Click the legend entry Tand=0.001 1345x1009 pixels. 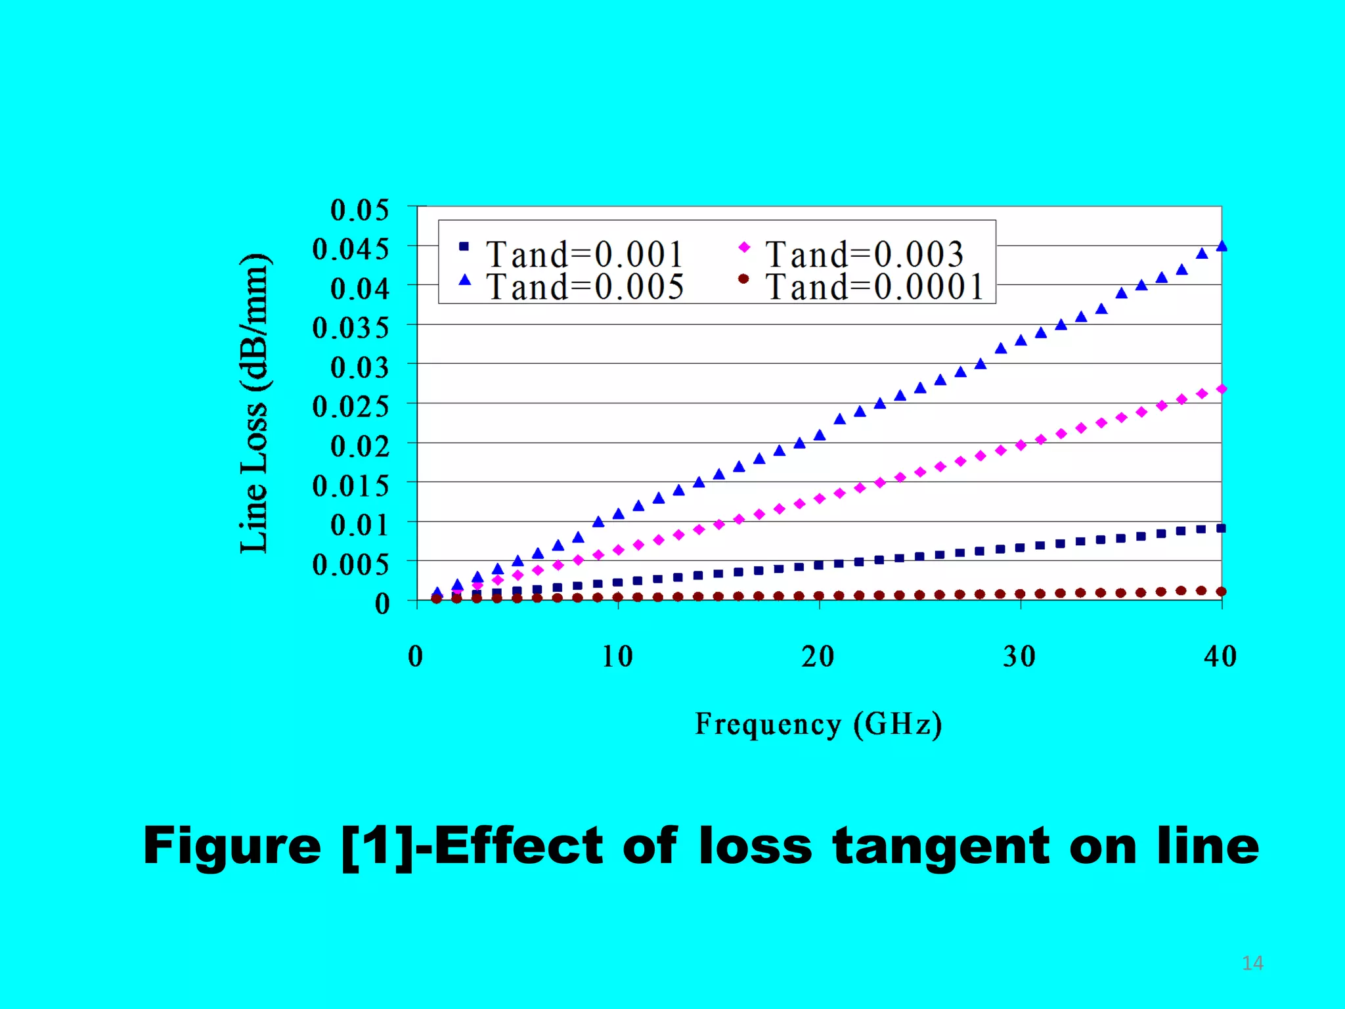(x=584, y=254)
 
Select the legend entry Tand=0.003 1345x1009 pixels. (x=864, y=254)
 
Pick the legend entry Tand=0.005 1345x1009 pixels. (x=584, y=287)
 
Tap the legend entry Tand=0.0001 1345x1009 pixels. (x=874, y=287)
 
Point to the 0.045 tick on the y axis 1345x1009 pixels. (x=351, y=249)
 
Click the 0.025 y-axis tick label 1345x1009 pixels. (x=351, y=407)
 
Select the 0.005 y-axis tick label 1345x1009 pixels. (x=351, y=564)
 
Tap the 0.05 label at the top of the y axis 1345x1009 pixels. (x=359, y=210)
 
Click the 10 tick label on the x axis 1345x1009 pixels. (x=617, y=656)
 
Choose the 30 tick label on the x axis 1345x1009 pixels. (x=1019, y=656)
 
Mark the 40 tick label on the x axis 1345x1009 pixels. (x=1220, y=656)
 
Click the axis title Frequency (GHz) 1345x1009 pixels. (x=818, y=724)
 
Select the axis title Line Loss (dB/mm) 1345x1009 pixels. (x=254, y=403)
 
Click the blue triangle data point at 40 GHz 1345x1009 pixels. (x=1222, y=246)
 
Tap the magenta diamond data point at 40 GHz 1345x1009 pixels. (x=1222, y=390)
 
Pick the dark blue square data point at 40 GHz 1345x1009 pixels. (x=1222, y=528)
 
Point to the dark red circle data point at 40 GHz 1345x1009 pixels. (x=1222, y=591)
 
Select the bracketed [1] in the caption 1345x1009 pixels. (x=378, y=846)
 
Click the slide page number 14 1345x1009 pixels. (x=1252, y=963)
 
